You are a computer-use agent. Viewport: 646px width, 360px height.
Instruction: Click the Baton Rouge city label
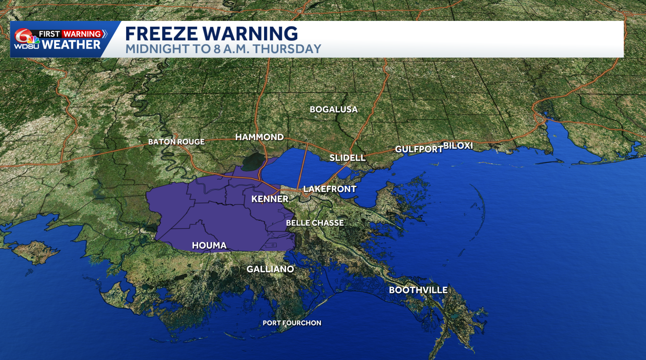click(176, 142)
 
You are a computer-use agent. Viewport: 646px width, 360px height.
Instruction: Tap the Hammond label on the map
click(260, 137)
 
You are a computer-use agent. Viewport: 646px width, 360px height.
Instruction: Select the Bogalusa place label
click(334, 109)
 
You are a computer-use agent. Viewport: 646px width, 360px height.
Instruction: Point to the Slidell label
click(347, 158)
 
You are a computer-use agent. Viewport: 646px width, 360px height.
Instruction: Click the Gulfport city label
click(419, 149)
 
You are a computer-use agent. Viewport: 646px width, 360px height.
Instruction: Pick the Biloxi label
click(458, 145)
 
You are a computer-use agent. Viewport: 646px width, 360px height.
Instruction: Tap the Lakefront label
click(330, 189)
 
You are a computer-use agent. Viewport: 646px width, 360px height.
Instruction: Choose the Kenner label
click(270, 199)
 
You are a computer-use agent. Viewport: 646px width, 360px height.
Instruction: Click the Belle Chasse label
click(315, 223)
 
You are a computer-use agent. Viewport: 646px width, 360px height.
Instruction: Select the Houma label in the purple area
click(209, 245)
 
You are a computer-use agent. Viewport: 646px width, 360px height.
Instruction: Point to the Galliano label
click(270, 269)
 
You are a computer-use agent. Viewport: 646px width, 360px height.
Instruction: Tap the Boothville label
click(418, 290)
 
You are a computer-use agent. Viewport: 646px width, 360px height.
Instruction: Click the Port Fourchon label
click(292, 323)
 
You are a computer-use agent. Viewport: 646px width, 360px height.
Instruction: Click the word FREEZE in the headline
click(161, 34)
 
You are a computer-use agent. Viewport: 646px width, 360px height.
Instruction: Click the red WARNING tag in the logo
click(82, 34)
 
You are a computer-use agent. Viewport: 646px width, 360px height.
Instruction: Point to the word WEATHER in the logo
click(71, 45)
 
